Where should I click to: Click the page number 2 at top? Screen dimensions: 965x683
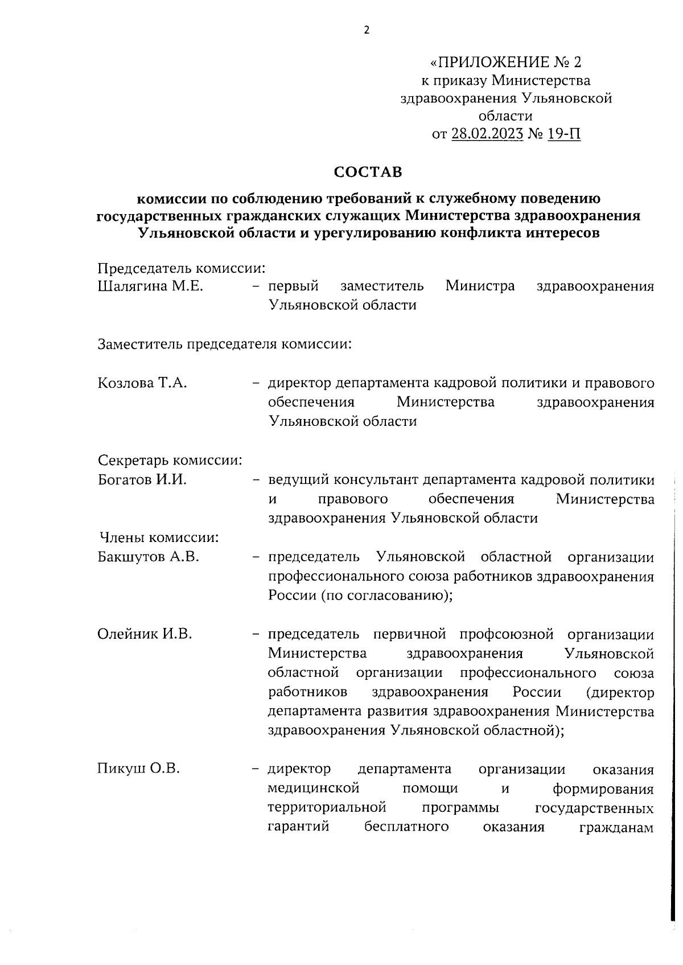coord(366,30)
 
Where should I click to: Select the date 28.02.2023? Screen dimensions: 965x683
coord(487,134)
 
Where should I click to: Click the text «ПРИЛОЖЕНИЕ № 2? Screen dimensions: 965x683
coord(506,61)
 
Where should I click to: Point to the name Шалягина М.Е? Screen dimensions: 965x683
coord(150,286)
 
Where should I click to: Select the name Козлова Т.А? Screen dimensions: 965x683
coord(143,383)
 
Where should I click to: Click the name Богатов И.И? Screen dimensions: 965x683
coord(142,479)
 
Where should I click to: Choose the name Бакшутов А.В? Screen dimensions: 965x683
coord(149,556)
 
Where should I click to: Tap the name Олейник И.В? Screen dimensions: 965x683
coord(145,634)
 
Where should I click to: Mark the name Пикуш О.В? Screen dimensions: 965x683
coord(139,769)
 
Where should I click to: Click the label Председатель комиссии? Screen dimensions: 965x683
coord(182,267)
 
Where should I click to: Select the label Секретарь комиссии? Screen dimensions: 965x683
coord(170,460)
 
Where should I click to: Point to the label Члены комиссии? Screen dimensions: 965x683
coord(160,537)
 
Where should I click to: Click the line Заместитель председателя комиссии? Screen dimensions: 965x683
coord(224,344)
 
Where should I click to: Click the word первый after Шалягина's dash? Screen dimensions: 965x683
coord(293,286)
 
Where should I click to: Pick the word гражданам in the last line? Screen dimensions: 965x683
coord(616,827)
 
